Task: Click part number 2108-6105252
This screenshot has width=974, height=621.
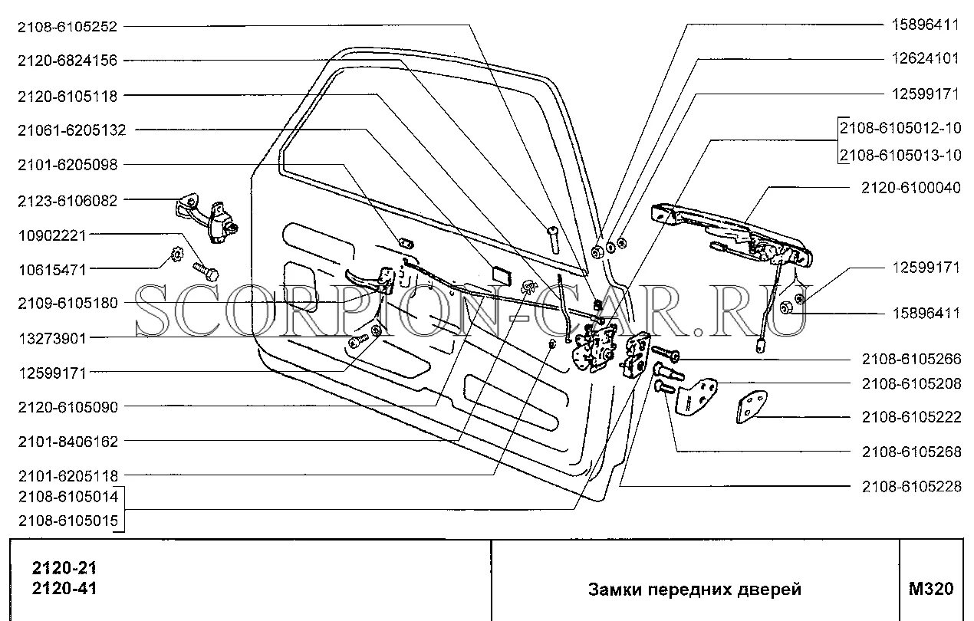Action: click(67, 25)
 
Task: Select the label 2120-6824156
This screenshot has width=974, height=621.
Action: click(67, 61)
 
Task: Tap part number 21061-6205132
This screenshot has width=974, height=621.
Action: click(71, 130)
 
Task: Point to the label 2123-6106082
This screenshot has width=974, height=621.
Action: click(67, 201)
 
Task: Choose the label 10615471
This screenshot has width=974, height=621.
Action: click(53, 269)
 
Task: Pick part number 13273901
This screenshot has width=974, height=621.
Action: click(53, 337)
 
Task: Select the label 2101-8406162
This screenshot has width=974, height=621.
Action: click(67, 442)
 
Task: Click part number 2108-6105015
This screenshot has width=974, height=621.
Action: click(67, 522)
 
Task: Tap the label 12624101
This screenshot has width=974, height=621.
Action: click(925, 58)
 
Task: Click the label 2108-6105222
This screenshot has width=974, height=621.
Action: click(910, 418)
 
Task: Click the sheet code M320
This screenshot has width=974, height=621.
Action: click(930, 589)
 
